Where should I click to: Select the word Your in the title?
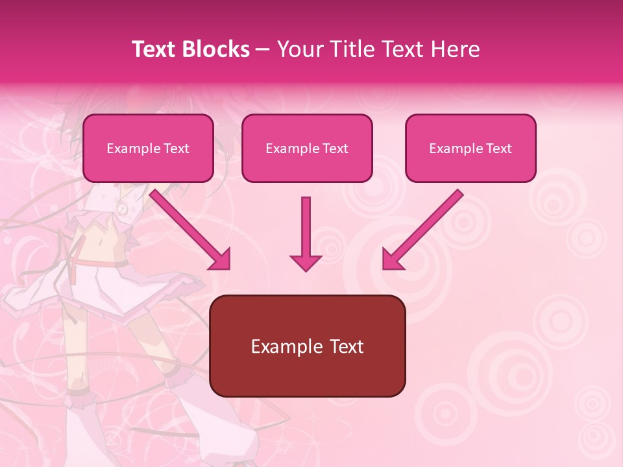[x=299, y=49]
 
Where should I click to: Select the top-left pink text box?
[x=148, y=149]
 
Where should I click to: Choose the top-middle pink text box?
[x=307, y=149]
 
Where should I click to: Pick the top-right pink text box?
[x=470, y=149]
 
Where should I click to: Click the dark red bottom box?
[x=307, y=346]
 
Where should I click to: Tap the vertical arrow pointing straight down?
[x=306, y=230]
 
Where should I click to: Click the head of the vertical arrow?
[x=306, y=263]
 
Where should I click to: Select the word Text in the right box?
[x=498, y=149]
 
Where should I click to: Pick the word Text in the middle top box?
[x=335, y=149]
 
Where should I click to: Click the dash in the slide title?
[x=263, y=49]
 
